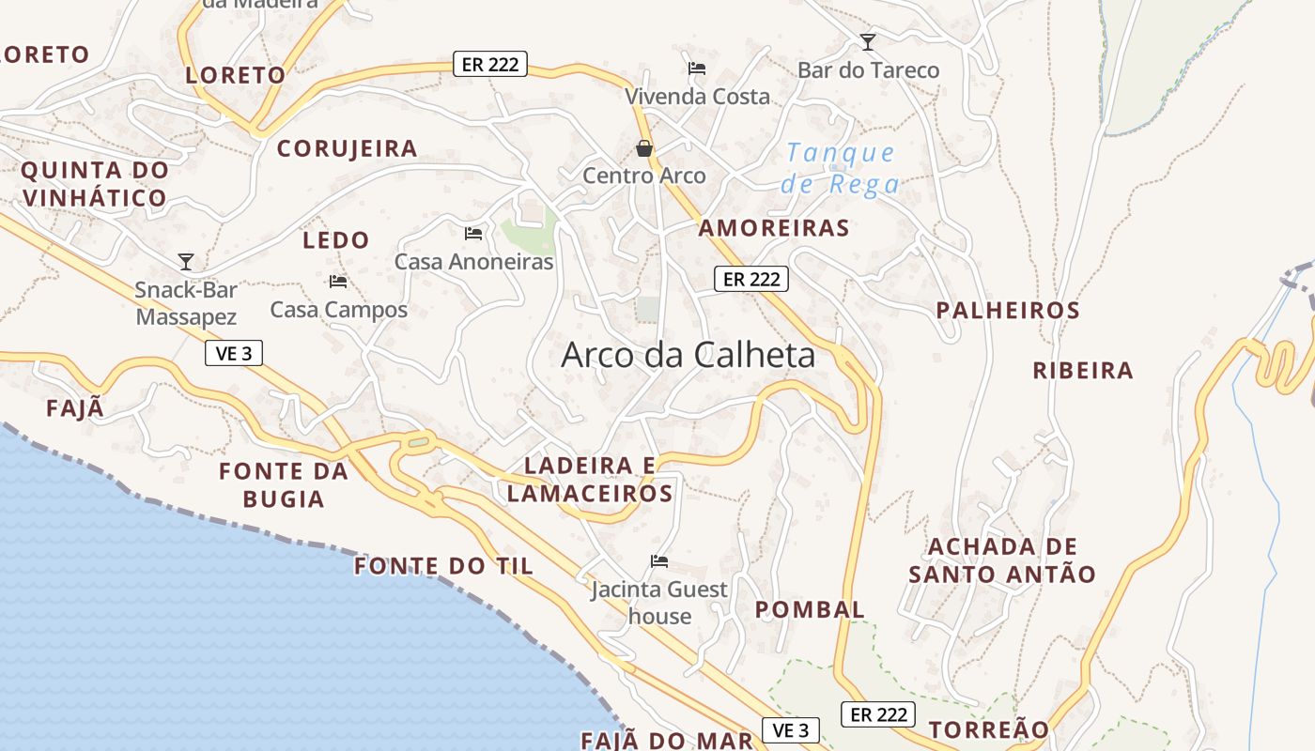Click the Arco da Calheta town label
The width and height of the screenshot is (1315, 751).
coord(688,355)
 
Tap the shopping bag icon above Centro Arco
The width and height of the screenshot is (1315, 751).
coord(644,148)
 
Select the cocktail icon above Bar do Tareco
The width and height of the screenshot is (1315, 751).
coord(868,42)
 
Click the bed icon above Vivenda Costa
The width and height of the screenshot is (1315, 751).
coord(697,68)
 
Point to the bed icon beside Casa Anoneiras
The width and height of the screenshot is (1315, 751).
coord(473,233)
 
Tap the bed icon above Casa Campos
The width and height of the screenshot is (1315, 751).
coord(338,282)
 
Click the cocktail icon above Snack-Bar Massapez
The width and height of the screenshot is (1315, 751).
coord(186,262)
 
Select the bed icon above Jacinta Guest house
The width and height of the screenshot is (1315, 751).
coord(659,561)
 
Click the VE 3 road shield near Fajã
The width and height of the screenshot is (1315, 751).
coord(233,353)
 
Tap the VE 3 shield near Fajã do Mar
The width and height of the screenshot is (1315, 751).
coord(790,730)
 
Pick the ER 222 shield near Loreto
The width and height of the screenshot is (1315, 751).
coord(489,64)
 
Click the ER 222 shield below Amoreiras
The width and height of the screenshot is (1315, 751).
coord(751,279)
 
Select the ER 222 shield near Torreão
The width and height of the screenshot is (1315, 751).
coord(878,714)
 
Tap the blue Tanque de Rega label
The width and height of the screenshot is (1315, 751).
coord(841,167)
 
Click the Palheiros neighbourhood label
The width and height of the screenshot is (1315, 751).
coord(1008,310)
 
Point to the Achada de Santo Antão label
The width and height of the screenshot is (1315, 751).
coord(1002,560)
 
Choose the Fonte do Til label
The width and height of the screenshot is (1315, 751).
coord(443,566)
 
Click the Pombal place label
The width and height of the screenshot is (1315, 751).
coord(810,609)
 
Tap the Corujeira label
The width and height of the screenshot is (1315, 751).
coord(347,148)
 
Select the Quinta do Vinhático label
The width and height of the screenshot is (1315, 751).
coord(95,184)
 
